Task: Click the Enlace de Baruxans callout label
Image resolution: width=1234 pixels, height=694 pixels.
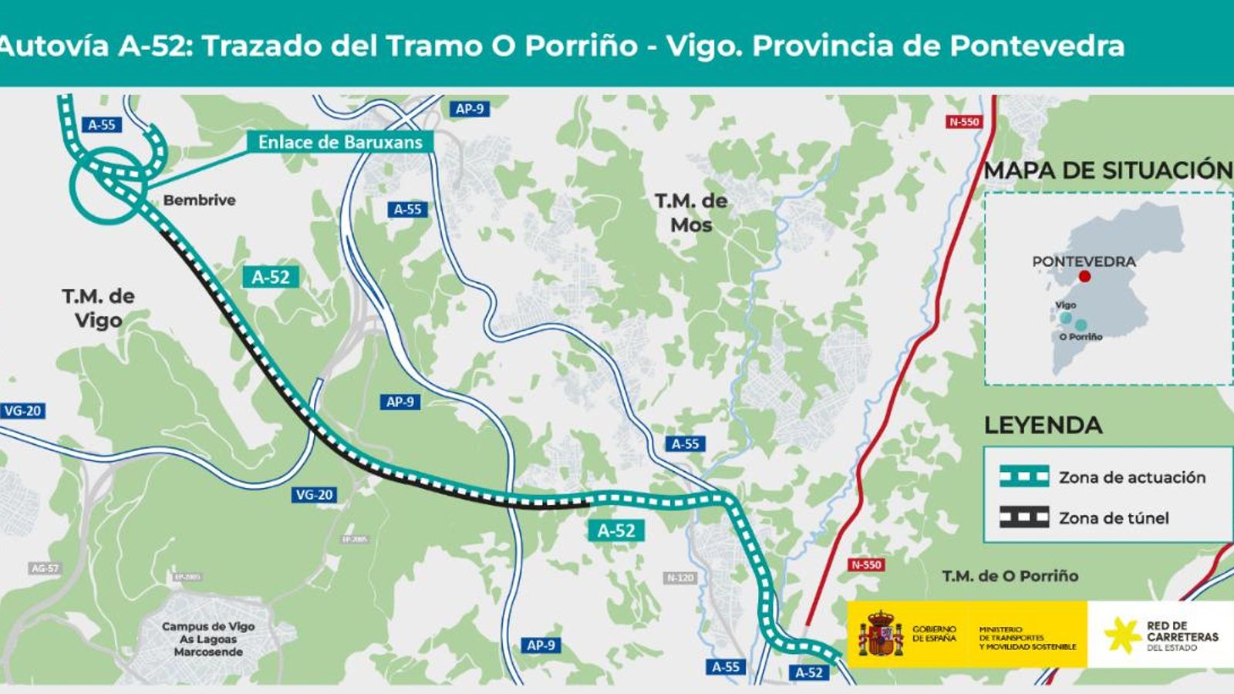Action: pyautogui.click(x=340, y=142)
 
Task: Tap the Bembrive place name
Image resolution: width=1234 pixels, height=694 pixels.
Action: pyautogui.click(x=199, y=200)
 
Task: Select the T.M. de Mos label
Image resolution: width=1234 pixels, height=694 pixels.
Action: pyautogui.click(x=691, y=213)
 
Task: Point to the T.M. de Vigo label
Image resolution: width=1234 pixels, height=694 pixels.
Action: pyautogui.click(x=98, y=308)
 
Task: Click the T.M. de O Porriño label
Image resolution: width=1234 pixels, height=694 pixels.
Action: pyautogui.click(x=1010, y=576)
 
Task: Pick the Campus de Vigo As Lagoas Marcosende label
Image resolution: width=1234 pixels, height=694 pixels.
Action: pyautogui.click(x=207, y=639)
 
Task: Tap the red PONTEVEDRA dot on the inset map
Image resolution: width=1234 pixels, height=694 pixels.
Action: pyautogui.click(x=1085, y=276)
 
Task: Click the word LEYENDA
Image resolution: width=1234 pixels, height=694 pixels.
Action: pyautogui.click(x=1043, y=425)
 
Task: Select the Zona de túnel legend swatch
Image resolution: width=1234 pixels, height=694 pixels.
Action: pyautogui.click(x=1023, y=517)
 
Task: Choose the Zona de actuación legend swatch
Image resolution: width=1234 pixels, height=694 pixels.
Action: pyautogui.click(x=1023, y=477)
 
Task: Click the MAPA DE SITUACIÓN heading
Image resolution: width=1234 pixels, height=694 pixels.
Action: pyautogui.click(x=1108, y=170)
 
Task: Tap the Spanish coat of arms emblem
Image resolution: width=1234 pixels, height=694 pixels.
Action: pyautogui.click(x=880, y=634)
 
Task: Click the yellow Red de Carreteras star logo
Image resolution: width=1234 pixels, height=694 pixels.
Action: pyautogui.click(x=1122, y=635)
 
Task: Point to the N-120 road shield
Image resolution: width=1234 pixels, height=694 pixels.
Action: pyautogui.click(x=679, y=578)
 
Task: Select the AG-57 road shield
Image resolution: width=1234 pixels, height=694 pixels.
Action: pyautogui.click(x=44, y=568)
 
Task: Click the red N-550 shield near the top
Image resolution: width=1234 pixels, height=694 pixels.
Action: pyautogui.click(x=964, y=122)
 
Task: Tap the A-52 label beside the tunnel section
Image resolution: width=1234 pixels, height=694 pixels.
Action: pyautogui.click(x=271, y=277)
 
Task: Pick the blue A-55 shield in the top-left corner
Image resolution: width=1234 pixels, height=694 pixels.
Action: pyautogui.click(x=101, y=125)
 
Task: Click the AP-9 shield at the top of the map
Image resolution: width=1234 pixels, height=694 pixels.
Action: pyautogui.click(x=469, y=109)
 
